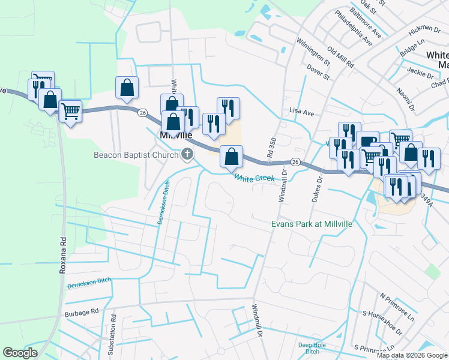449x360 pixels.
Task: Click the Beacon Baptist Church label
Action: pyautogui.click(x=136, y=155)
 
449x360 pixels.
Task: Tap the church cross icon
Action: pyautogui.click(x=187, y=155)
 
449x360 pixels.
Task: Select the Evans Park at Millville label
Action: pyautogui.click(x=311, y=223)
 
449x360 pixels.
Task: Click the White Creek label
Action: pyautogui.click(x=254, y=178)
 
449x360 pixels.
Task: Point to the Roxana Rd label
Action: pyautogui.click(x=62, y=254)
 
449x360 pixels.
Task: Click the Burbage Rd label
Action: pyautogui.click(x=81, y=313)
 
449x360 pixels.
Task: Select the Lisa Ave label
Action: pyautogui.click(x=302, y=112)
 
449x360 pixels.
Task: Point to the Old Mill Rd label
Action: pyautogui.click(x=340, y=56)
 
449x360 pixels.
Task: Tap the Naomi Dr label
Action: pyautogui.click(x=406, y=98)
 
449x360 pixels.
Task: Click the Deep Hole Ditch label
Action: pyautogui.click(x=312, y=348)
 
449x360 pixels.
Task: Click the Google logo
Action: pyautogui.click(x=20, y=353)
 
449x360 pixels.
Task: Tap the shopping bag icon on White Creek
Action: pyautogui.click(x=231, y=157)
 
